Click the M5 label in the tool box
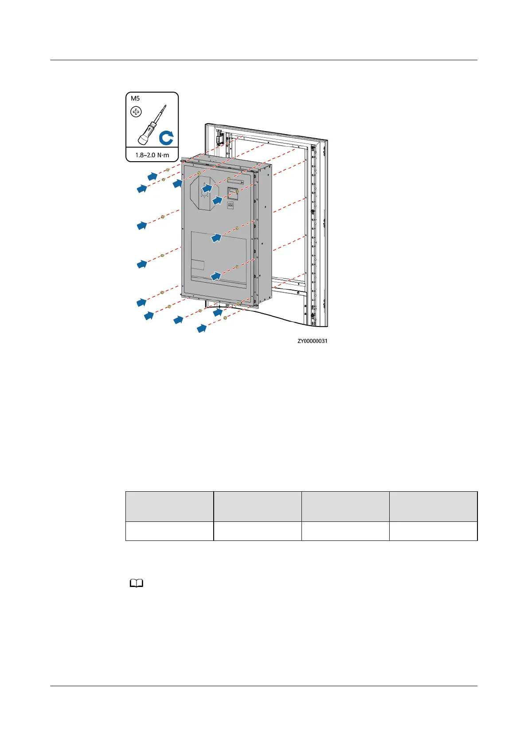(135, 98)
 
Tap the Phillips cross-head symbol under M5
(136, 112)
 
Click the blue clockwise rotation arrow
(166, 138)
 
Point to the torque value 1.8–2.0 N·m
(152, 155)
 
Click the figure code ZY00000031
(313, 341)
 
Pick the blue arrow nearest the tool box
(153, 176)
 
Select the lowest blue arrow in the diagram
(202, 329)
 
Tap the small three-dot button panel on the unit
(231, 205)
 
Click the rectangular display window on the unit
(233, 193)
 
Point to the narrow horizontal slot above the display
(235, 181)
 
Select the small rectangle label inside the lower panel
(198, 265)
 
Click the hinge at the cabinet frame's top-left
(219, 138)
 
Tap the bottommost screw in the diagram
(226, 318)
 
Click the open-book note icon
(137, 584)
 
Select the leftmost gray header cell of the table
(169, 506)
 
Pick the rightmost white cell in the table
(433, 531)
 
